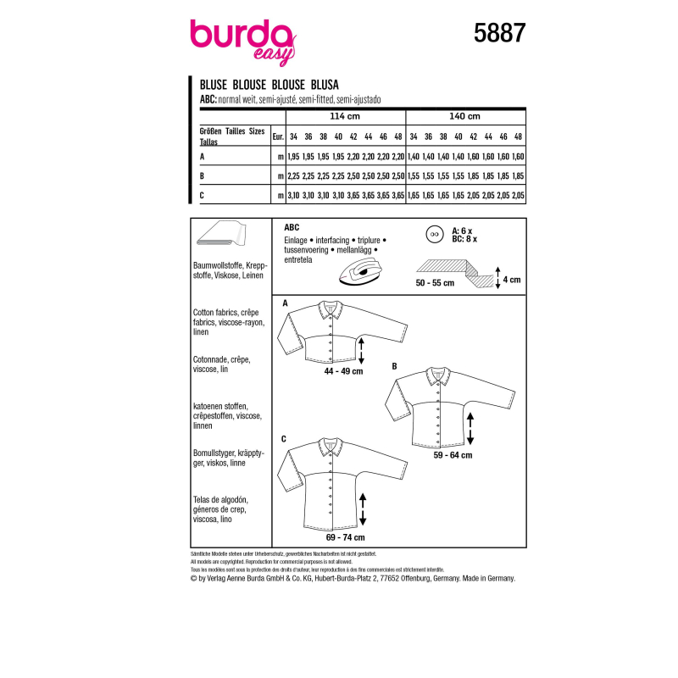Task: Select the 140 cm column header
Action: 466,116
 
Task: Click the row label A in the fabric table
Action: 202,157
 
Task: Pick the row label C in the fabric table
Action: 202,196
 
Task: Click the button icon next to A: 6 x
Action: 437,232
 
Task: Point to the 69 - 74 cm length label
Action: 346,537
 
